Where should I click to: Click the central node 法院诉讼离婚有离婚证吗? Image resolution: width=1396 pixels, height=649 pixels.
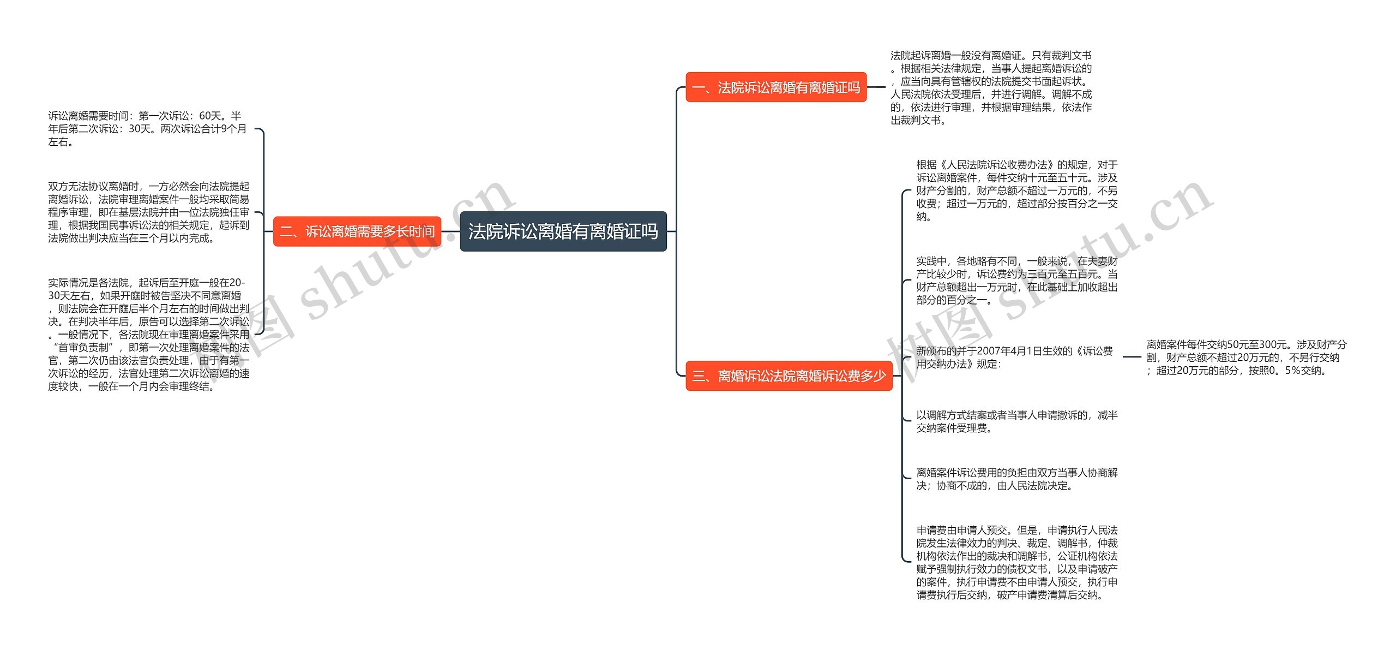(563, 231)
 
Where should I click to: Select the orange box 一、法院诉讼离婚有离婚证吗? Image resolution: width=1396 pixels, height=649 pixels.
(775, 87)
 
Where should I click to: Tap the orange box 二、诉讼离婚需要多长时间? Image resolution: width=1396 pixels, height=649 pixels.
(357, 231)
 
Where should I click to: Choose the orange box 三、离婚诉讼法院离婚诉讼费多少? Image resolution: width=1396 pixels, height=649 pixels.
(789, 376)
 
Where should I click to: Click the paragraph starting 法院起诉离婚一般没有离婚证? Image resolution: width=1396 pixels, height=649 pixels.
(991, 88)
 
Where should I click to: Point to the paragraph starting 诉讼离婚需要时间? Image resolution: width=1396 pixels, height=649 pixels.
(147, 129)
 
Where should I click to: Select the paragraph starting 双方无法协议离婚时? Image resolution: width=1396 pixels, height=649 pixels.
(148, 212)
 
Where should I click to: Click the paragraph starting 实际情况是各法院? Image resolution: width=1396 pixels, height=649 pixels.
(148, 334)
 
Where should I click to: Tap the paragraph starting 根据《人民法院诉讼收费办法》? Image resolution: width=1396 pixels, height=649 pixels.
(1016, 190)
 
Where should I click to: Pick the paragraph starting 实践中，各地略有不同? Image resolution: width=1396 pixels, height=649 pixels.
(1016, 281)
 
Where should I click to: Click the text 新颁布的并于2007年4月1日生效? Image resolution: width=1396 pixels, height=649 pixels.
(1014, 358)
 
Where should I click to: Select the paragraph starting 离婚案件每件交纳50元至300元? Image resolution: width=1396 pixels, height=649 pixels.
(1245, 358)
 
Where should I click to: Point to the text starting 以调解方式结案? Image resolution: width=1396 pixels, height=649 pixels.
(1016, 421)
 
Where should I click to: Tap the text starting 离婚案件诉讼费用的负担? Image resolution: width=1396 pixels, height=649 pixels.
(1016, 479)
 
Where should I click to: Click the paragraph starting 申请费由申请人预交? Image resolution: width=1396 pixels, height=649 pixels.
(1016, 562)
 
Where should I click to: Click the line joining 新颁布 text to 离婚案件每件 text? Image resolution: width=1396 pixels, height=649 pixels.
(1132, 357)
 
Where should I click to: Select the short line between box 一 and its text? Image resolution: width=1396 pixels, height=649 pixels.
(876, 87)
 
